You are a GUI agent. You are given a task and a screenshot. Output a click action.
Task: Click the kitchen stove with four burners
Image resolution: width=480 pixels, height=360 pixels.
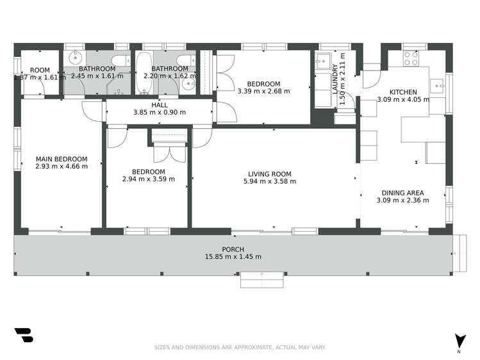[411, 58]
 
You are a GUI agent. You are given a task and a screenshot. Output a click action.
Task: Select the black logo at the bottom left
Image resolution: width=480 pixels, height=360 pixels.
[23, 335]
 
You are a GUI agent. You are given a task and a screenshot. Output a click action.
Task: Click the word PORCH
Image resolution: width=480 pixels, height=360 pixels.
[233, 249]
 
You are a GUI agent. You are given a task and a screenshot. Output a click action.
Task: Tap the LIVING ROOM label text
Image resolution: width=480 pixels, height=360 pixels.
[270, 174]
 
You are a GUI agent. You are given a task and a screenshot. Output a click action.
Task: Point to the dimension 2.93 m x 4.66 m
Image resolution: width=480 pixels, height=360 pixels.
[62, 166]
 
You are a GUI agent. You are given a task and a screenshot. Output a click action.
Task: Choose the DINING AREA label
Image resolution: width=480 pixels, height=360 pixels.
[402, 193]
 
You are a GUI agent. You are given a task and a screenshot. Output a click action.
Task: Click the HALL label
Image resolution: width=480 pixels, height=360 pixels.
[159, 105]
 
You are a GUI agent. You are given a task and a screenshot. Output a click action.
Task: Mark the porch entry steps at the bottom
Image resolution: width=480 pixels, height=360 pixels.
[261, 279]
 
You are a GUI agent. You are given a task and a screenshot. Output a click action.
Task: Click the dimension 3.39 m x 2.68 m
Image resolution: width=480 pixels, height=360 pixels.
[263, 91]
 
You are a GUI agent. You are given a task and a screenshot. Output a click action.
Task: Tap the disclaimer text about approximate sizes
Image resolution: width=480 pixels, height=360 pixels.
[240, 347]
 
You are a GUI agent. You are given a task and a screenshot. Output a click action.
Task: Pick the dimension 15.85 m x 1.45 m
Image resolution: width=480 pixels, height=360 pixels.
[233, 257]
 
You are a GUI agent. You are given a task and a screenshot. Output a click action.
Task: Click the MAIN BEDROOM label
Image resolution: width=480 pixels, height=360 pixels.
[62, 159]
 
